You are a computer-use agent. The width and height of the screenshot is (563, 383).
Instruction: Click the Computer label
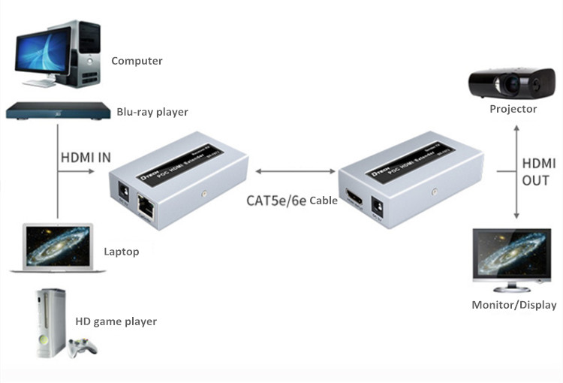137,61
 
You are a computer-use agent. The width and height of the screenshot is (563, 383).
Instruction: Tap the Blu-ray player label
152,113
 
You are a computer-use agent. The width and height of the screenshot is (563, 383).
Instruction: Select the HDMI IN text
85,158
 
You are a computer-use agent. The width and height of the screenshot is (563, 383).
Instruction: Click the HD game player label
116,321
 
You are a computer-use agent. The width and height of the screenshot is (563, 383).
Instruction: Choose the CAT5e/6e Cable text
292,201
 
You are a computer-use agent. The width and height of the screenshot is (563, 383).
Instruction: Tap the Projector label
513,109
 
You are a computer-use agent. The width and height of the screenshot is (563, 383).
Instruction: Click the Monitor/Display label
513,305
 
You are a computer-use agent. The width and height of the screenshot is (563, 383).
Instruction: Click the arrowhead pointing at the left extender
100,171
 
